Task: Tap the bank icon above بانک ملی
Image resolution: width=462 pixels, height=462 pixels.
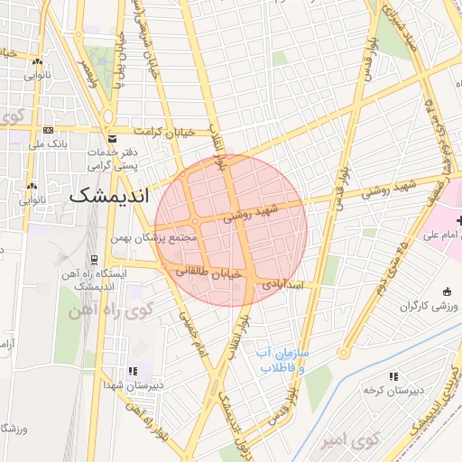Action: click(x=37, y=129)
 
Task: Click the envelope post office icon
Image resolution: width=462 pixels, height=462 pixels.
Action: click(x=113, y=139)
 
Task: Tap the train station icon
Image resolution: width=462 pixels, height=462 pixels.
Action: click(x=95, y=259)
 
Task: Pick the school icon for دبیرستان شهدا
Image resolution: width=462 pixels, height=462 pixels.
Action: click(x=134, y=370)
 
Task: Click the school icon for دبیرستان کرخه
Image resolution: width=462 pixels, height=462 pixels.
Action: click(x=393, y=375)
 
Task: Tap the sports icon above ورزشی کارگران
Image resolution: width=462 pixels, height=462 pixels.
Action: click(x=448, y=291)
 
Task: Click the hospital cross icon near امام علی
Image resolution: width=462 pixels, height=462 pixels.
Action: click(x=459, y=220)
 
